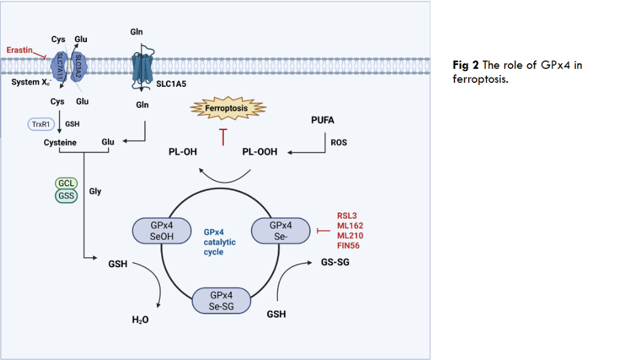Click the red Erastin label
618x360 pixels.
click(x=20, y=49)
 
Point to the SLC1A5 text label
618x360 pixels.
click(x=163, y=82)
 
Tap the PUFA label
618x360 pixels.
click(x=322, y=120)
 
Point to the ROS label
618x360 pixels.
click(x=339, y=143)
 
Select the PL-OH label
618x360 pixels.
click(x=183, y=152)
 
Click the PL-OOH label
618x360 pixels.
click(x=260, y=152)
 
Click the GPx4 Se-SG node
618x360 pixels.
click(x=222, y=301)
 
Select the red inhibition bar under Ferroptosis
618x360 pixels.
click(x=223, y=138)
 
